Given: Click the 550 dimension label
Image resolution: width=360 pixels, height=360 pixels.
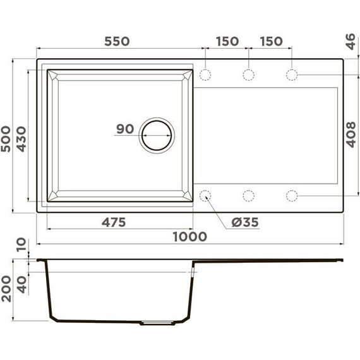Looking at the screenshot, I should tap(116, 41).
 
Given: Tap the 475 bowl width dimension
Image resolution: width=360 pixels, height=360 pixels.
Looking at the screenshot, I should tap(114, 222).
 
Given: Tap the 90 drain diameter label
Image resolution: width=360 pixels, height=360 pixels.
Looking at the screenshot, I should tap(124, 129).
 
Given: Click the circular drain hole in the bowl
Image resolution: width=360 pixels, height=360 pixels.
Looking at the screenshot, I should tap(155, 135).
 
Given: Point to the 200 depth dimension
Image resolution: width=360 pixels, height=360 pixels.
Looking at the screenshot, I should tap(6, 289).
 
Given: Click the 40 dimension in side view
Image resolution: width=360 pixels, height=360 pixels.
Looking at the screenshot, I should tap(21, 284).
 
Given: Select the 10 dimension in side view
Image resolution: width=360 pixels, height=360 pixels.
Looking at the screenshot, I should tap(21, 244).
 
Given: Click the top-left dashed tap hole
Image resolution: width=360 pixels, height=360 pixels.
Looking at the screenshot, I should tap(206, 75).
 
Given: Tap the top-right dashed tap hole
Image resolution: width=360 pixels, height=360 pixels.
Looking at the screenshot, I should tap(292, 75).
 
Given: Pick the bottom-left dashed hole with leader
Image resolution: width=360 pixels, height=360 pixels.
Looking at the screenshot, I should tap(206, 195).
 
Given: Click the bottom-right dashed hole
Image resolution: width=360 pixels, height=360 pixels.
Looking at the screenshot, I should tap(292, 195).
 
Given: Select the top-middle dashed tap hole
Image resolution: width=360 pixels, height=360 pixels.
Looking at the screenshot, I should tap(249, 75).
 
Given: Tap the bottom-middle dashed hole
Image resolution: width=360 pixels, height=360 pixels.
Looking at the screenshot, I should tap(249, 195).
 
